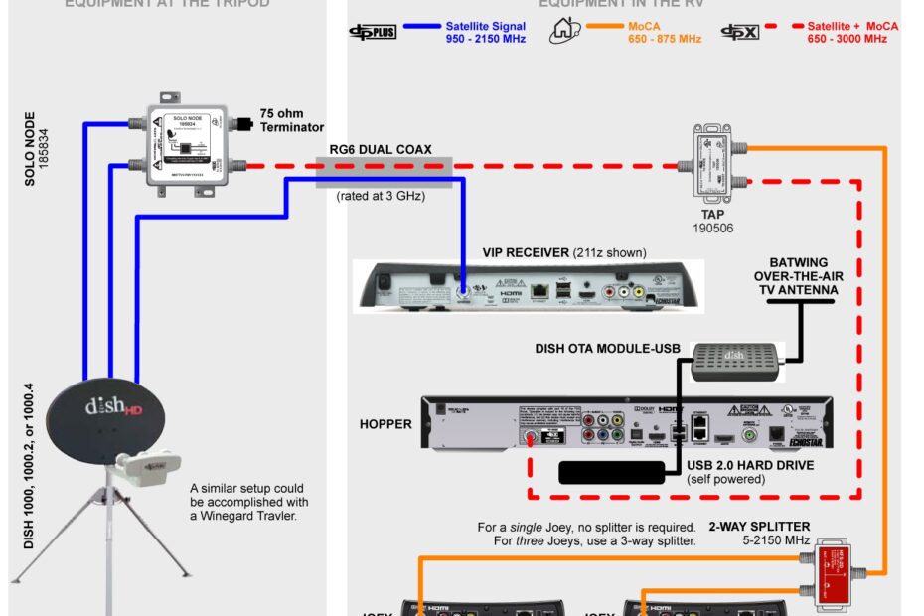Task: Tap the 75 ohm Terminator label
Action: pos(291,120)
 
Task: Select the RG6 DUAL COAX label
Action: pos(383,150)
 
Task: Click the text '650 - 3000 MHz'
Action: pos(847,39)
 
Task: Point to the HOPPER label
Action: pos(385,424)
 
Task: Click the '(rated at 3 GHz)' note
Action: pos(382,196)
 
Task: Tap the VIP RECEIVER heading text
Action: pos(526,252)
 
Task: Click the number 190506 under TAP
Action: pos(713,228)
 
